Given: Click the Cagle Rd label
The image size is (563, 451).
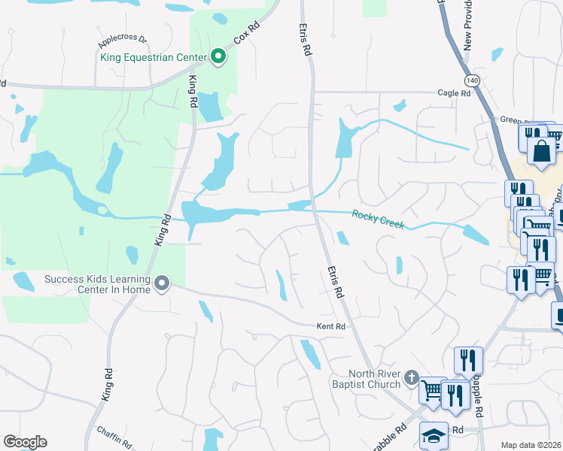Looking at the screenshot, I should [x=454, y=93].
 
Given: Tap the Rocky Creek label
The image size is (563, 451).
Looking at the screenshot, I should [x=378, y=219].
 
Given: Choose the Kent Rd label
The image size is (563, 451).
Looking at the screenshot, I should [x=330, y=326].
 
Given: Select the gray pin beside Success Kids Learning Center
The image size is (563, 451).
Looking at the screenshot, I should [x=161, y=283].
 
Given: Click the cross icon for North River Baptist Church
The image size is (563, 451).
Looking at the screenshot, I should [x=411, y=376].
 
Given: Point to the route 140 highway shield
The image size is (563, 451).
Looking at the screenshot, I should [x=472, y=80].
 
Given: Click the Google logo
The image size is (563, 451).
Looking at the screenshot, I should [x=25, y=442].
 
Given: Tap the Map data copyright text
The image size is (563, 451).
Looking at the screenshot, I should [x=531, y=445].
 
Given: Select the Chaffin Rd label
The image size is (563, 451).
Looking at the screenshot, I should [x=114, y=437].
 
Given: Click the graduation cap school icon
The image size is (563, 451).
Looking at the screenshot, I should [x=434, y=437].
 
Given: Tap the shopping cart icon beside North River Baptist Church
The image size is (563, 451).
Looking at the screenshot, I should [x=431, y=390].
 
